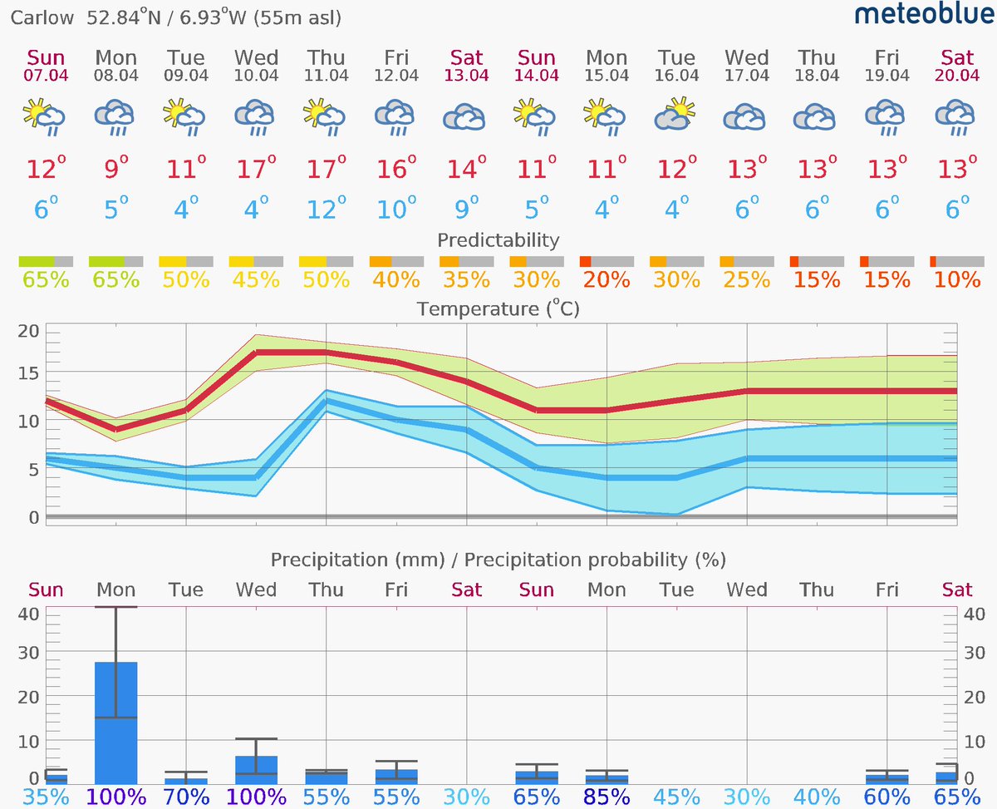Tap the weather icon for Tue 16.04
pyautogui.click(x=675, y=116)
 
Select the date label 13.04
pyautogui.click(x=466, y=76)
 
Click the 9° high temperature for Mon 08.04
pyautogui.click(x=115, y=170)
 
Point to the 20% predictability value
pyautogui.click(x=606, y=280)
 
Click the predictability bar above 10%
pyautogui.click(x=957, y=262)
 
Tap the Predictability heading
pyautogui.click(x=498, y=240)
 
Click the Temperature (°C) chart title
pyautogui.click(x=498, y=309)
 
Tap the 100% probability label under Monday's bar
pyautogui.click(x=115, y=797)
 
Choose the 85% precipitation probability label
pyautogui.click(x=606, y=797)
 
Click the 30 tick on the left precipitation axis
pyautogui.click(x=30, y=653)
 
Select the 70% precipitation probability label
pyautogui.click(x=185, y=797)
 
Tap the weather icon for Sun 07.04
pyautogui.click(x=46, y=116)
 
